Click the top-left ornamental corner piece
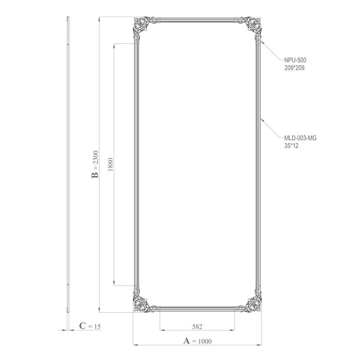pos(143,27)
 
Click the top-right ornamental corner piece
pos(252,27)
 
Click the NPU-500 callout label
pos(295,60)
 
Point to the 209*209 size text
pos(294,67)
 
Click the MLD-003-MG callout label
pos(300,138)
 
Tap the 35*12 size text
pos(292,146)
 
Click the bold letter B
pos(94,175)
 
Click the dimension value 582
pos(197,326)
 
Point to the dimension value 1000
pos(205,341)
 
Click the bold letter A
pos(187,341)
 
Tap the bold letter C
pos(82,326)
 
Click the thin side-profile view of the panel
pos(68,161)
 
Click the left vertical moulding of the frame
pos(135,166)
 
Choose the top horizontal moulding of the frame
pos(197,21)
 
